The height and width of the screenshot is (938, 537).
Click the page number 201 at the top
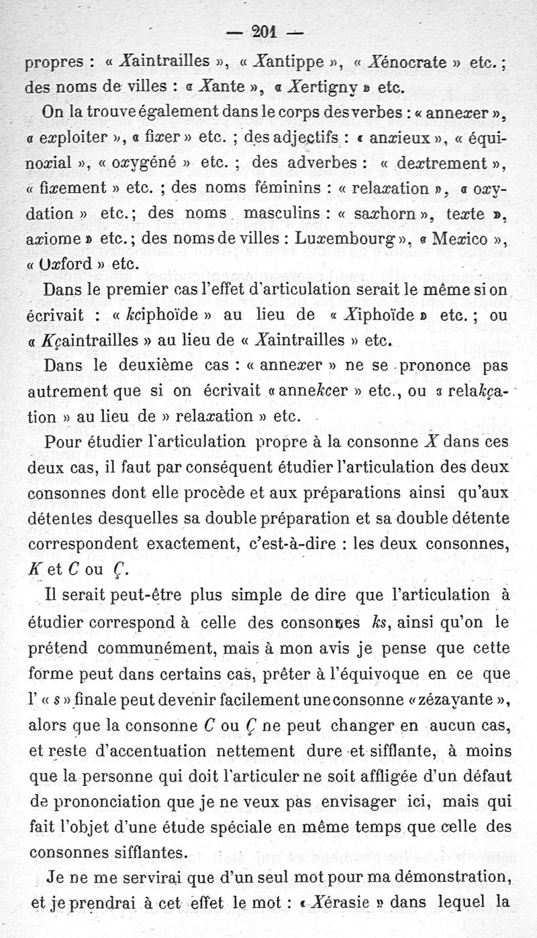tap(267, 31)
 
